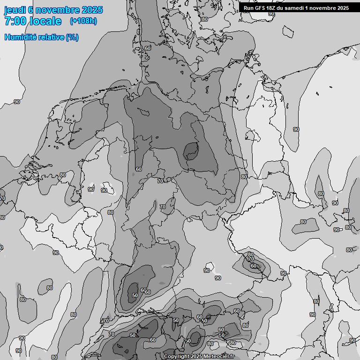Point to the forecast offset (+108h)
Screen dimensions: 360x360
pyautogui.click(x=83, y=21)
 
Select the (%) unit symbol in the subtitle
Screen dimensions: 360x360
pyautogui.click(x=72, y=37)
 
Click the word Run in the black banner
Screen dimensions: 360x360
pyautogui.click(x=248, y=8)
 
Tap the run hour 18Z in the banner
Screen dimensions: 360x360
pyautogui.click(x=271, y=8)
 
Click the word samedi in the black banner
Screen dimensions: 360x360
pyautogui.click(x=295, y=8)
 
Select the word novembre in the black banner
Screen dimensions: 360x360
pyautogui.click(x=323, y=8)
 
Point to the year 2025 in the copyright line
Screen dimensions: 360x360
pyautogui.click(x=197, y=357)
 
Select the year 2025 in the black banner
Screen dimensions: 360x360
pyautogui.click(x=343, y=8)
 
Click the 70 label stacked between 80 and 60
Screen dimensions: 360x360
pyautogui.click(x=251, y=259)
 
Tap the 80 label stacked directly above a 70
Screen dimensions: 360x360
pyautogui.click(x=250, y=254)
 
